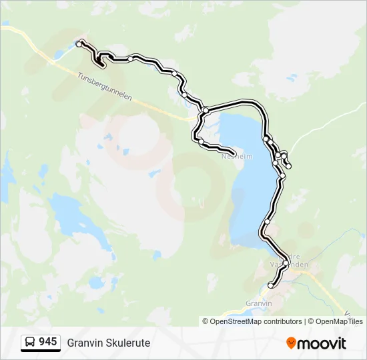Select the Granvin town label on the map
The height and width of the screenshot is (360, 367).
[259, 303]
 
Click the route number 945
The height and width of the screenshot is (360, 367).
[48, 341]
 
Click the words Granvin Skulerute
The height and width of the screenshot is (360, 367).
[109, 343]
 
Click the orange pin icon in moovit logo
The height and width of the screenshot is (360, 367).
[291, 343]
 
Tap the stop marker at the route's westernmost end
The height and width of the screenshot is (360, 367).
[79, 44]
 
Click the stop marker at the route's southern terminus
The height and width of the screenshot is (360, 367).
[270, 285]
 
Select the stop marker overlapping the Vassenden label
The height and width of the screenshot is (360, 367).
[286, 263]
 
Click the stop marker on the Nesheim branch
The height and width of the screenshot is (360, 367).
[201, 141]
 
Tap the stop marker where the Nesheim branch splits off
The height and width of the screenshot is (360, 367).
[206, 110]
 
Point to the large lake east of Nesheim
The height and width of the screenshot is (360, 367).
[244, 180]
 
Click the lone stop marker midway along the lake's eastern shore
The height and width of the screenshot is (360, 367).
[267, 221]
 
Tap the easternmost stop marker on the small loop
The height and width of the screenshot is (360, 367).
[288, 166]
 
